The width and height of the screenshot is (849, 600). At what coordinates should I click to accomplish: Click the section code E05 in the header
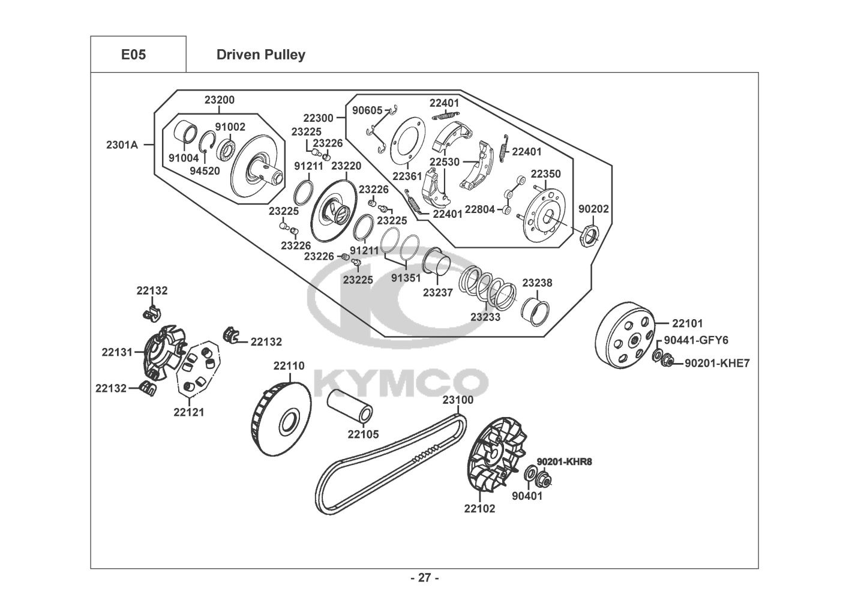133,55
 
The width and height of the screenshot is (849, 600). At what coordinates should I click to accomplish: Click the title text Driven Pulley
260,55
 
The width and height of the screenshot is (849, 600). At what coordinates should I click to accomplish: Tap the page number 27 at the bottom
424,578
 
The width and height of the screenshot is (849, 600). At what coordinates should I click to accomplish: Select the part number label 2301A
122,145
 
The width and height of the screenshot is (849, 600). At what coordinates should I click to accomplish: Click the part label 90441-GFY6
696,340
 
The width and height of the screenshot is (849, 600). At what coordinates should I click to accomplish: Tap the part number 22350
545,174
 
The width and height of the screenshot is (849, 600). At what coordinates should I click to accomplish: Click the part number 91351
406,278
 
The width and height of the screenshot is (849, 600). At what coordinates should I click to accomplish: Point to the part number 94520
205,170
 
